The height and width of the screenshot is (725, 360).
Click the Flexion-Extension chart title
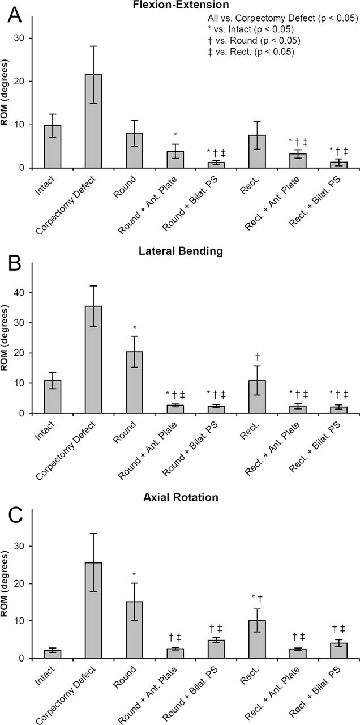tap(181, 5)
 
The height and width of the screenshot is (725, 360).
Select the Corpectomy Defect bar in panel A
tap(93, 121)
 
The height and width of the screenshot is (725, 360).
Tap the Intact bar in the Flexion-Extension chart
tap(53, 147)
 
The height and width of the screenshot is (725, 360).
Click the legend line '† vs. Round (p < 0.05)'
tap(254, 41)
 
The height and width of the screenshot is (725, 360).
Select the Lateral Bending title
tap(181, 251)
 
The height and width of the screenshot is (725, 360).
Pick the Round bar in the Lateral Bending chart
tap(135, 382)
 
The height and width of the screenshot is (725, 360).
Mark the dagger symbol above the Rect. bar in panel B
tap(258, 357)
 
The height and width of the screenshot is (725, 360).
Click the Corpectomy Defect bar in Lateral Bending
tap(93, 360)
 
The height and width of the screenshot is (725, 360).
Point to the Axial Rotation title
tap(181, 497)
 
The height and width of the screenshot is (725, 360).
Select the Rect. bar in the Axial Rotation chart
tap(257, 639)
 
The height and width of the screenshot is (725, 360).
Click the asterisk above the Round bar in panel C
tap(135, 574)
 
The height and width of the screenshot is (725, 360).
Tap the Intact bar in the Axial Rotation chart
tap(53, 654)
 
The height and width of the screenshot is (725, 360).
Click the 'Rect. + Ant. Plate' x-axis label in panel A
tap(272, 203)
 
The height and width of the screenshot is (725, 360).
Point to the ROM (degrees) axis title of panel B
tap(5, 338)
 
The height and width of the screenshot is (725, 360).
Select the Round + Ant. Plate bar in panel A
tap(175, 160)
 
